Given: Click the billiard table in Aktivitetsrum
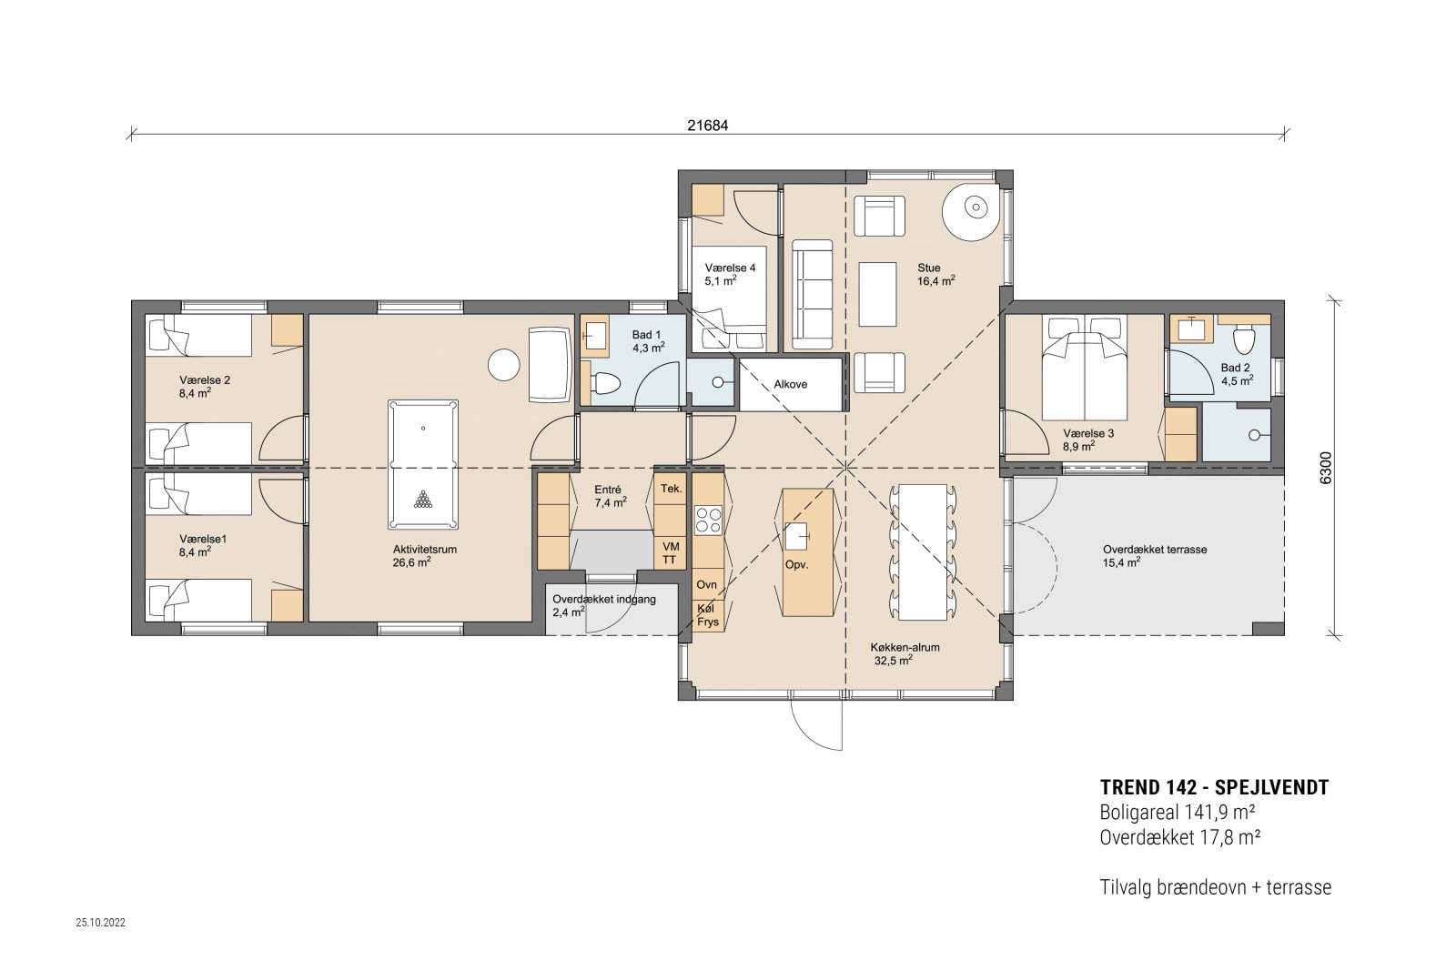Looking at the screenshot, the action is point(423,465).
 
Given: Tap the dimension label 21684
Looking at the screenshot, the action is point(708,126).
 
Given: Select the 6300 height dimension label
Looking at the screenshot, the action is point(1326,468).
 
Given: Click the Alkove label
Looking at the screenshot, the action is point(791,384).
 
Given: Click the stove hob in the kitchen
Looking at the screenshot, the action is point(709,520).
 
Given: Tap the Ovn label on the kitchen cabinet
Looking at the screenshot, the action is point(706,584).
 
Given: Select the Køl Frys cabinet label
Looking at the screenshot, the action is point(708,615).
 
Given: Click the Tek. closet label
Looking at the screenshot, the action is point(672,489).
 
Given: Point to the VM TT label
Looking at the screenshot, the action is point(670,553).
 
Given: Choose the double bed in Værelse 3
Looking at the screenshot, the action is point(1084,368).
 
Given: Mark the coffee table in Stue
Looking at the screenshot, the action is point(877,294).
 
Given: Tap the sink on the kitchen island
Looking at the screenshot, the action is point(796,536).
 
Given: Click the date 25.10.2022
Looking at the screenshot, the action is point(101,922).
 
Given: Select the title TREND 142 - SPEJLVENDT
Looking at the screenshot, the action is point(1214,787).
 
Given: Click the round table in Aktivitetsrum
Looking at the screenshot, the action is point(504,365).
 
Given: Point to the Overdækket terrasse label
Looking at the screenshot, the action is point(1155,549).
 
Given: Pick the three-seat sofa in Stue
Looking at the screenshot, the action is point(812,295).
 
